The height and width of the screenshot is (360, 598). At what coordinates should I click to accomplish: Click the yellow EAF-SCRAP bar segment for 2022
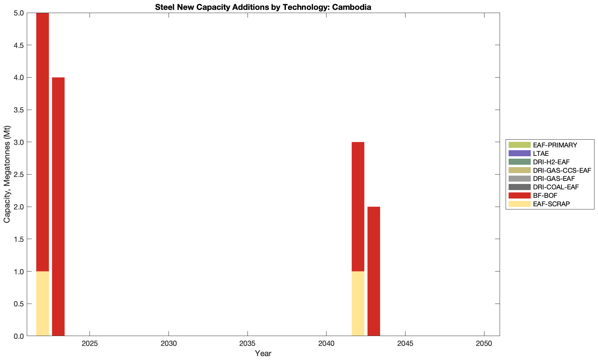pyautogui.click(x=42, y=304)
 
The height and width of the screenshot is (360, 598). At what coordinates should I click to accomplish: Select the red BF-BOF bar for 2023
pyautogui.click(x=58, y=207)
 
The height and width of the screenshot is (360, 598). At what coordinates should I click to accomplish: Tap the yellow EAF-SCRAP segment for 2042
pyautogui.click(x=358, y=304)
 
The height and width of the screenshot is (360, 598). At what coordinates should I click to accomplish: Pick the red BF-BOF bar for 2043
pyautogui.click(x=374, y=271)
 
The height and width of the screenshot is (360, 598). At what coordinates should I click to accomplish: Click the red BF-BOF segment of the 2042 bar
pyautogui.click(x=358, y=207)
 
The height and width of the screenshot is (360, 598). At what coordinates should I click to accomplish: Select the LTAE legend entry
pyautogui.click(x=541, y=153)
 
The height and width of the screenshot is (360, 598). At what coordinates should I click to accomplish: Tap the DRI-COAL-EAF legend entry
pyautogui.click(x=556, y=187)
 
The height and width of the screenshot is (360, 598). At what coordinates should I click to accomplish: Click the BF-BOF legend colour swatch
pyautogui.click(x=519, y=196)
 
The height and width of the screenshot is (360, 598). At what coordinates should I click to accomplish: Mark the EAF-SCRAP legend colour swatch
pyautogui.click(x=519, y=204)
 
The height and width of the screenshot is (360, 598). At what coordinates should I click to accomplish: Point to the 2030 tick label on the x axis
pyautogui.click(x=169, y=343)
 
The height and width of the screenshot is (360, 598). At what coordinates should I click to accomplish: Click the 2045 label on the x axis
pyautogui.click(x=405, y=343)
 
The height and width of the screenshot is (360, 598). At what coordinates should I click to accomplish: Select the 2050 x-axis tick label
pyautogui.click(x=484, y=343)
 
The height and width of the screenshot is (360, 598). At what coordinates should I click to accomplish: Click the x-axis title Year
pyautogui.click(x=263, y=353)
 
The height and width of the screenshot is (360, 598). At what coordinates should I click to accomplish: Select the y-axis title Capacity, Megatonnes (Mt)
pyautogui.click(x=7, y=174)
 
